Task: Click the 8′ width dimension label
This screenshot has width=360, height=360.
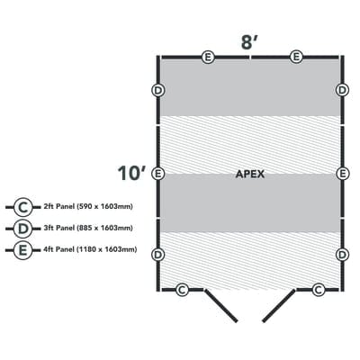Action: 249,40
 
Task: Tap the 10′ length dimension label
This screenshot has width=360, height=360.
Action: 132,172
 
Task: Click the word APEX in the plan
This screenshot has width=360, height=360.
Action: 249,175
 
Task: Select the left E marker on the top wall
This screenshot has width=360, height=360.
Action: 208,57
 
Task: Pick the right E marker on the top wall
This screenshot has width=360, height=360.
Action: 295,57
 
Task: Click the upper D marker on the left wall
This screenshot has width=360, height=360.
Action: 157,90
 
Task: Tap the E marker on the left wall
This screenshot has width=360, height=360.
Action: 157,173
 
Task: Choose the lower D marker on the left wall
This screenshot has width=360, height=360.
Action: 157,255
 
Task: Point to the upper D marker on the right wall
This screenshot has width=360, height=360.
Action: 342,90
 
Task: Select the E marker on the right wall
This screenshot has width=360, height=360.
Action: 342,173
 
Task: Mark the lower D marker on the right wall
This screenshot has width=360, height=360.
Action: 342,255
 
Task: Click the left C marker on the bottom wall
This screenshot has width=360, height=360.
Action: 183,289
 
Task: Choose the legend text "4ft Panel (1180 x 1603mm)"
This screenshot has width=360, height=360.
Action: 89,249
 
